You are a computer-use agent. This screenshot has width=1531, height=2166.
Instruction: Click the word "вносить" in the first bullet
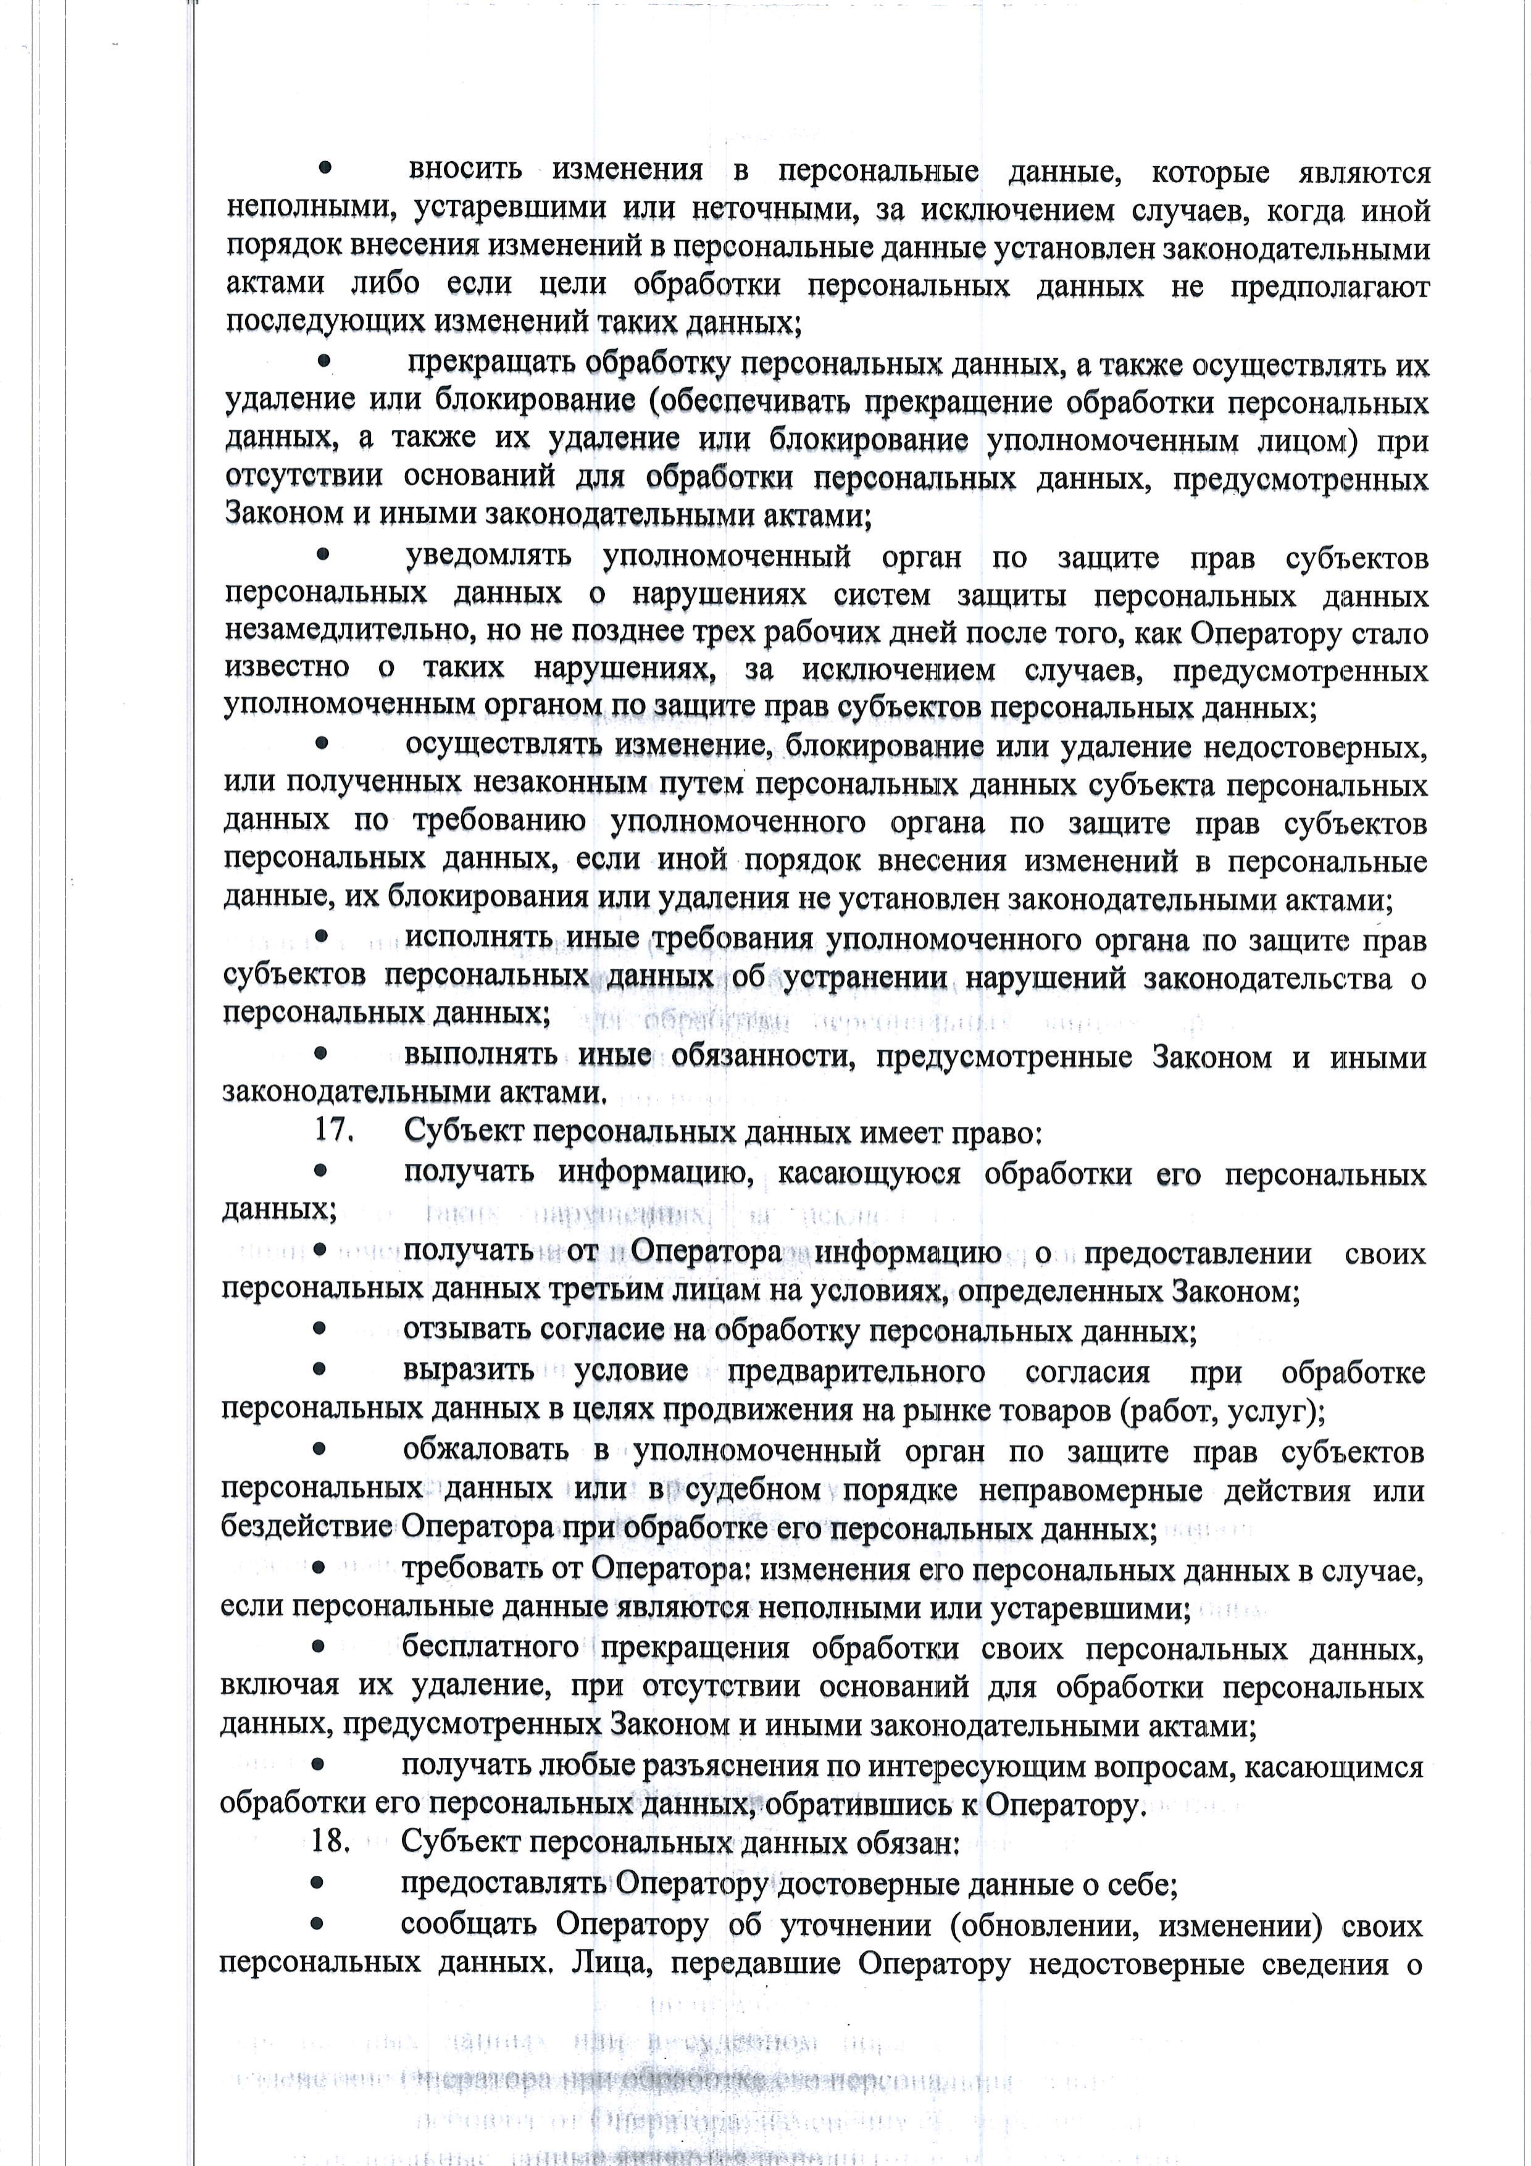click(465, 171)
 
